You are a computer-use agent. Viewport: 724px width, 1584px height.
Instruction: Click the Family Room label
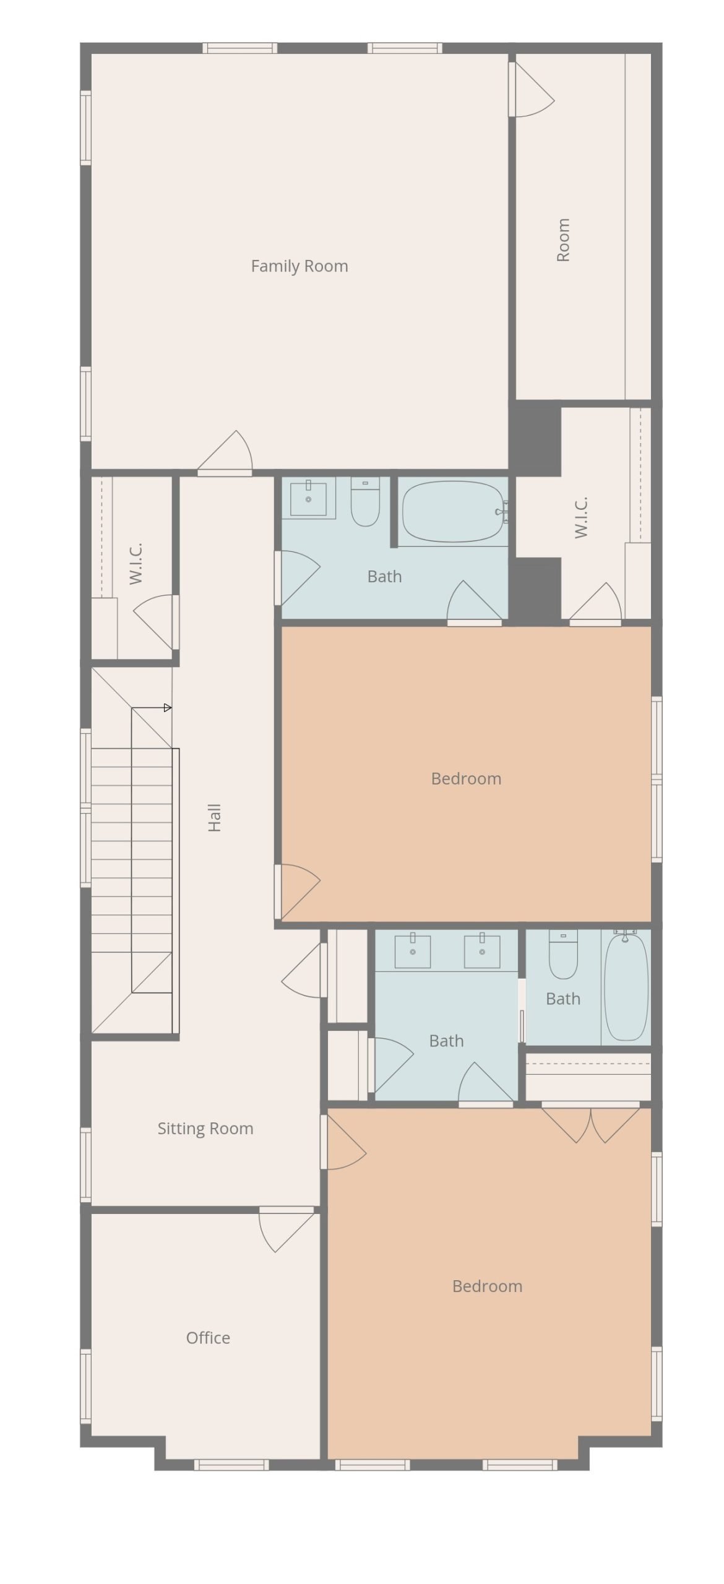click(300, 266)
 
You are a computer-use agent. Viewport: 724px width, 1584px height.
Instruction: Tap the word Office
click(208, 1338)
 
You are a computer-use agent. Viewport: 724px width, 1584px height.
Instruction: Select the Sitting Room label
click(205, 1129)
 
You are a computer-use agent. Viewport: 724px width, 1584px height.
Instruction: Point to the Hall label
click(214, 817)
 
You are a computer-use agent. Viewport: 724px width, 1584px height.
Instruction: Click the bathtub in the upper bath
click(453, 511)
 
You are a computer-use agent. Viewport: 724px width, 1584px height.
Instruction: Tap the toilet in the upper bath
click(365, 502)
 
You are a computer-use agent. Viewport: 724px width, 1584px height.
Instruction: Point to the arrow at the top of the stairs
click(152, 708)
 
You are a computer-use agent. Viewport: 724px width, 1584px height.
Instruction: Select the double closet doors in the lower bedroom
click(591, 1122)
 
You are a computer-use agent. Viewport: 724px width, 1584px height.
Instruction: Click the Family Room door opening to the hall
click(225, 452)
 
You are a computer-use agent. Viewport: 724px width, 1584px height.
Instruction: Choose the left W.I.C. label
click(136, 563)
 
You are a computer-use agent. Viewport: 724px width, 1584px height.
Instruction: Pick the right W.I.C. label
click(580, 517)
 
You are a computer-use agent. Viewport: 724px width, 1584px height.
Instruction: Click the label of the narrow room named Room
click(563, 240)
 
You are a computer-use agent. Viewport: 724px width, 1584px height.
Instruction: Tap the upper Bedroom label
click(466, 778)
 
